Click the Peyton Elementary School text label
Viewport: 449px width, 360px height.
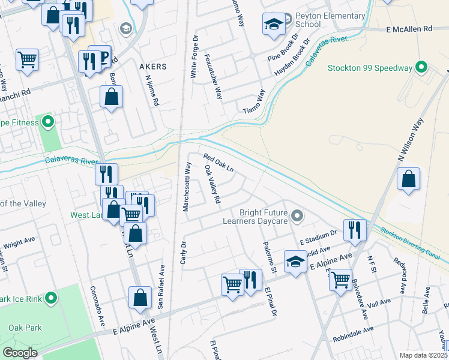pyautogui.click(x=330, y=20)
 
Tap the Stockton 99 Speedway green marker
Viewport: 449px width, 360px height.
pyautogui.click(x=422, y=67)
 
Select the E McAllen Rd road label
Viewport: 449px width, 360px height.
pyautogui.click(x=409, y=29)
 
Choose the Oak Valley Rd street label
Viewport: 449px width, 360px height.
pyautogui.click(x=213, y=184)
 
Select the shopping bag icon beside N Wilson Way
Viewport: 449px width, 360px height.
pyautogui.click(x=408, y=179)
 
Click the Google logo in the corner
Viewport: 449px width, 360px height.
pyautogui.click(x=20, y=352)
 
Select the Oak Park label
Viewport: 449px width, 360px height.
pyautogui.click(x=25, y=328)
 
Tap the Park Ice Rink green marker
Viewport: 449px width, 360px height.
pyautogui.click(x=51, y=298)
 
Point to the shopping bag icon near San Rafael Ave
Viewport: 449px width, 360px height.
pyautogui.click(x=140, y=298)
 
